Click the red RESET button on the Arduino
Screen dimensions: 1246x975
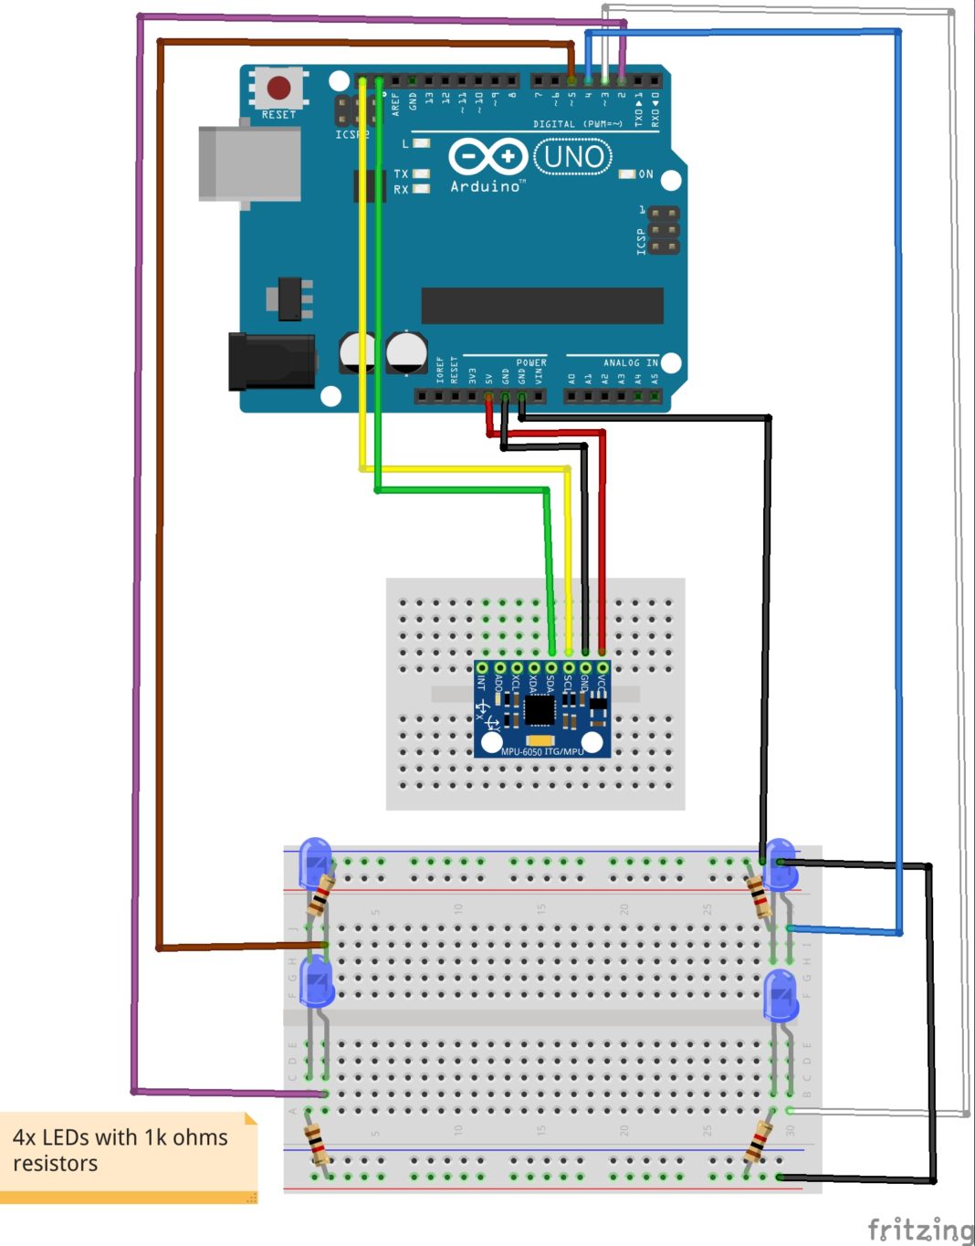(278, 89)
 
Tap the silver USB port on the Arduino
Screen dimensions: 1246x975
(249, 163)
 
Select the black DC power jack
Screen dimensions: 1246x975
(272, 361)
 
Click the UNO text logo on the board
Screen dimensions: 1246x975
(573, 157)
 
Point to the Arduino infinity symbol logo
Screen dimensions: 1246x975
(487, 156)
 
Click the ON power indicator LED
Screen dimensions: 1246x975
(627, 173)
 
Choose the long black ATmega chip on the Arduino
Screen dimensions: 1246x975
(542, 306)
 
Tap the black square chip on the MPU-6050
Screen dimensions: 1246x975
(539, 709)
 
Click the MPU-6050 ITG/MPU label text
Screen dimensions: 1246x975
(542, 751)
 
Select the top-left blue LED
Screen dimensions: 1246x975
(316, 862)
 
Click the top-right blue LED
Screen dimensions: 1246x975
(781, 864)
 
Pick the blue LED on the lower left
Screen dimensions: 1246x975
(318, 983)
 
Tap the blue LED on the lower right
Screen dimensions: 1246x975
(781, 995)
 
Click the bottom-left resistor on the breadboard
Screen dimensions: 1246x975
(316, 1143)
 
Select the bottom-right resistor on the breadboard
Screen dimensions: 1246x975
(759, 1141)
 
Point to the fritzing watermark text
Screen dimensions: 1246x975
(919, 1229)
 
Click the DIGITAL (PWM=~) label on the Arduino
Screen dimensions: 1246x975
(577, 123)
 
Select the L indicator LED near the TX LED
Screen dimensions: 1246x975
(421, 143)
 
